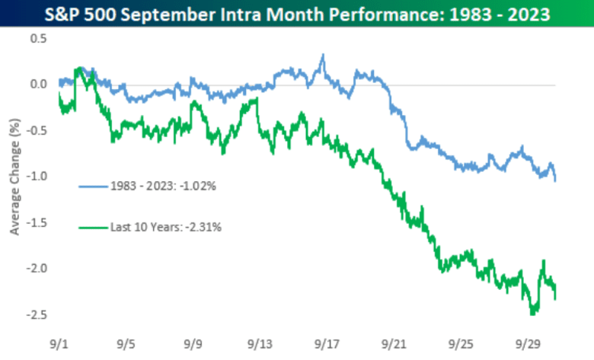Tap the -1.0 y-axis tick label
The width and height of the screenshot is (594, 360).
coord(36,176)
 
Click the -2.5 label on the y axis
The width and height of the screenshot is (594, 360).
coord(36,314)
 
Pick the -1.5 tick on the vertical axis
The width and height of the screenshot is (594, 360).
coord(36,222)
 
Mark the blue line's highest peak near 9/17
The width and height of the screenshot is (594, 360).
coord(323,56)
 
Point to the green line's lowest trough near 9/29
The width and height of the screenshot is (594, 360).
coord(532,313)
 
